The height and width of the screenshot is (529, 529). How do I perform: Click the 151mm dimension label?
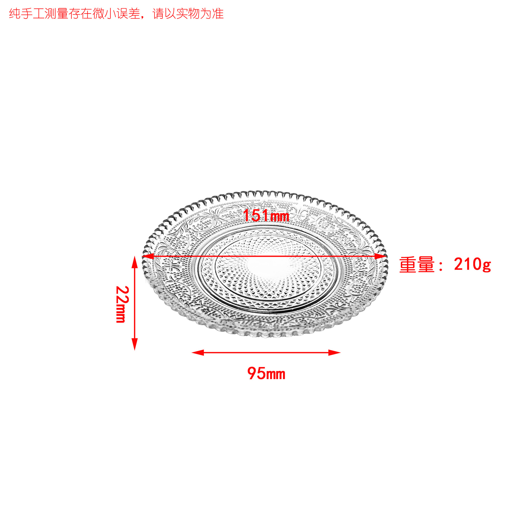266,215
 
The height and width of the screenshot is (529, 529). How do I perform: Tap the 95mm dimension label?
266,374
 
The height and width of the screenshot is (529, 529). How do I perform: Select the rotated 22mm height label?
122,304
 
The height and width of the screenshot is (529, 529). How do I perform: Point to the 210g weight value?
472,264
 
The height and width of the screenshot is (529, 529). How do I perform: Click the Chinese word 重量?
417,265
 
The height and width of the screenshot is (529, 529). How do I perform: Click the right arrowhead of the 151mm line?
381,256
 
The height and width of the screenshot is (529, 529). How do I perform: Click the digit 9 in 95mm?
252,374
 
